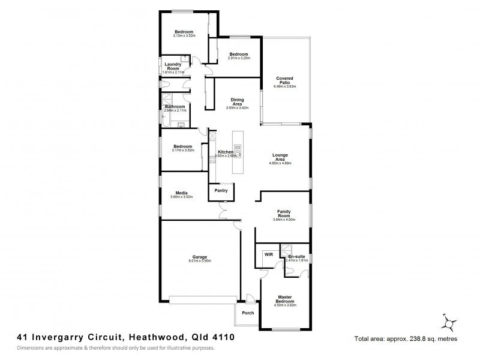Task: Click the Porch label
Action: pyautogui.click(x=248, y=313)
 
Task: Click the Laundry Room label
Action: pyautogui.click(x=173, y=67)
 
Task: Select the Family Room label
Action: pyautogui.click(x=284, y=214)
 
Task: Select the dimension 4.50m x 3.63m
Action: pyautogui.click(x=285, y=305)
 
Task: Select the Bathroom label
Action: pyautogui.click(x=175, y=106)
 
